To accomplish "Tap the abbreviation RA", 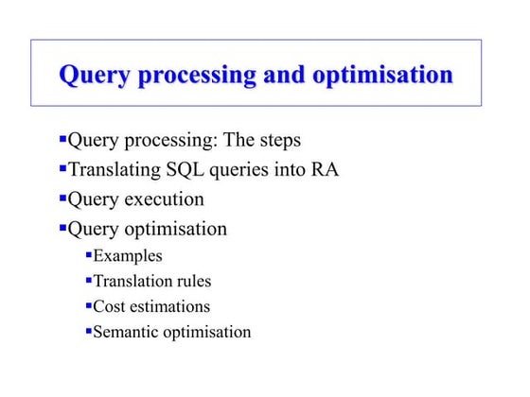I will click(x=324, y=170).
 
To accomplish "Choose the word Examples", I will click(x=128, y=256).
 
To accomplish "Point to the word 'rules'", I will click(x=192, y=282).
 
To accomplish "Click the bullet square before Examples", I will click(x=89, y=254).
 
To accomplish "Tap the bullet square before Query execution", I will click(x=62, y=198).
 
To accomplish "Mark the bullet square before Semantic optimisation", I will click(x=89, y=331).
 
